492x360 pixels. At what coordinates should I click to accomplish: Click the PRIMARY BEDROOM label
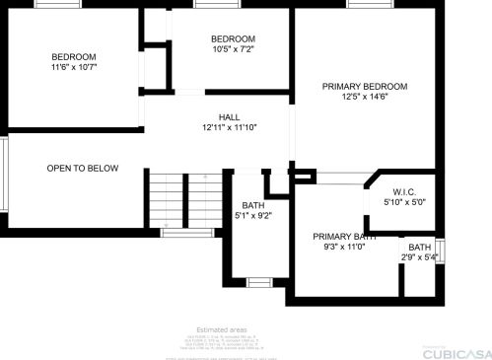tap(364, 86)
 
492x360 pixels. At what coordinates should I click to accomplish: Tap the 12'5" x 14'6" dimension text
tap(364, 97)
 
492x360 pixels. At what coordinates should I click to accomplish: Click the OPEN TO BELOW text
tap(83, 169)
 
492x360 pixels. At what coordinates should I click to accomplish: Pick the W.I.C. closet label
tap(403, 191)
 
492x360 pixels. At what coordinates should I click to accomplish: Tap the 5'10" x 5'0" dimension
tap(403, 202)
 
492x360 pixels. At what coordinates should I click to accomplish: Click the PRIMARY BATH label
tap(345, 237)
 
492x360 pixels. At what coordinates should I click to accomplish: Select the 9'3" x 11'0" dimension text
tap(345, 248)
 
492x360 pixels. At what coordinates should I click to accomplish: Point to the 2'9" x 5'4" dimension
tap(420, 257)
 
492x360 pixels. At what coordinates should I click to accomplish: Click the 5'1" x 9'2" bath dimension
tap(253, 215)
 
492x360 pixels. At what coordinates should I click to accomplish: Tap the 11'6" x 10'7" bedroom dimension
tap(74, 67)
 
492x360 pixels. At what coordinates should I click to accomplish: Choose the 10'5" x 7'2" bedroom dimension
tap(233, 49)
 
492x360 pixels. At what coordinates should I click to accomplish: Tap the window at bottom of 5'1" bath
tap(259, 283)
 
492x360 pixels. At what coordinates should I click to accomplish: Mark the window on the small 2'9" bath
tap(441, 251)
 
